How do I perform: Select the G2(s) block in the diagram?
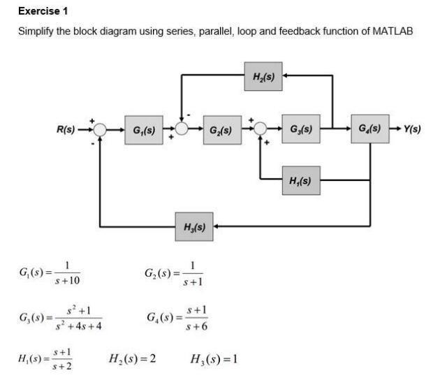(x=221, y=129)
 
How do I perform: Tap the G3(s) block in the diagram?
(x=301, y=129)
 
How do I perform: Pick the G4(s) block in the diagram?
(x=369, y=129)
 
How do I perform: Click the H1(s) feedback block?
(x=301, y=180)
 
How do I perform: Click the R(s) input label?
(x=69, y=129)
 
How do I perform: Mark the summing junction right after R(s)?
(x=101, y=129)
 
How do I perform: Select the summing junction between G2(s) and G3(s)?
(x=261, y=129)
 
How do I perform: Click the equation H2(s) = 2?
(x=132, y=359)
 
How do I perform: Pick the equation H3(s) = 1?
(x=214, y=359)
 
